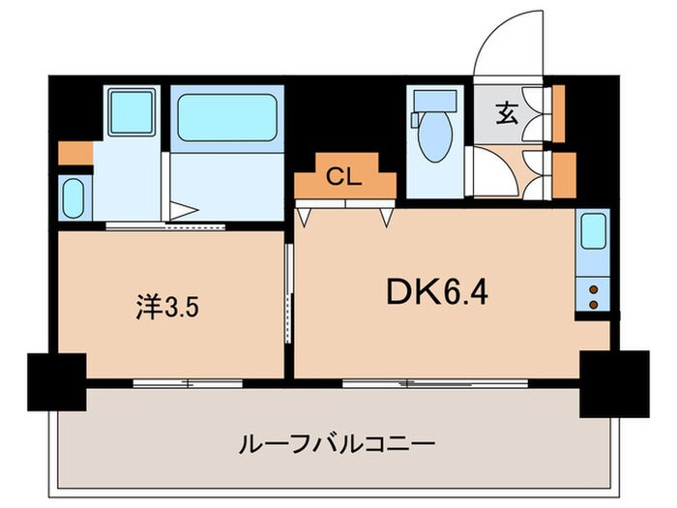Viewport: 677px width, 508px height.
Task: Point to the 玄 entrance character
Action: point(507,113)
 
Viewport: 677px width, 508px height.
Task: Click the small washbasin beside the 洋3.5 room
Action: point(73,197)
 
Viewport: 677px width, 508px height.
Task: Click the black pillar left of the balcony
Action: point(57,380)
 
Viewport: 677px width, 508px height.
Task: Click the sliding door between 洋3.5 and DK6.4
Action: point(288,295)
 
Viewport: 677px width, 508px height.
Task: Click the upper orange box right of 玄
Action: point(558,113)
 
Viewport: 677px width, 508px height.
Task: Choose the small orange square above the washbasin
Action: point(73,153)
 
